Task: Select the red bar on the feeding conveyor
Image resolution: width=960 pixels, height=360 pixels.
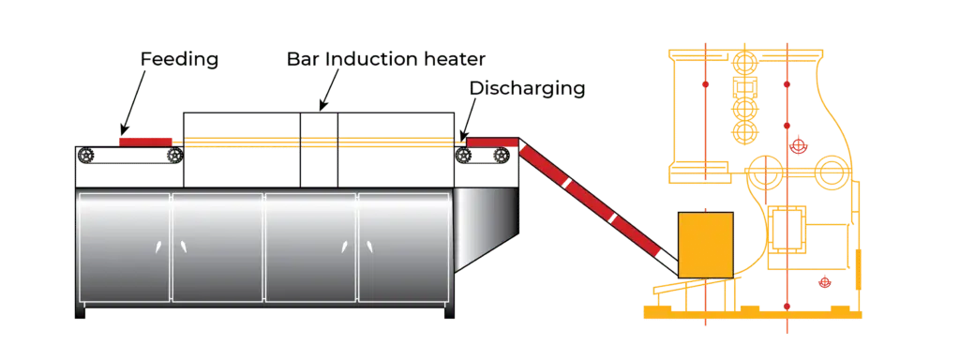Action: point(146,142)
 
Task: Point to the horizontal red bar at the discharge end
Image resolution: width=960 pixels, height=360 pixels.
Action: point(492,142)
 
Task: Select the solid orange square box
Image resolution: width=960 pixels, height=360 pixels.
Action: point(704,244)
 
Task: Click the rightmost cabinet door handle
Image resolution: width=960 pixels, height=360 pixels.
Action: point(369,247)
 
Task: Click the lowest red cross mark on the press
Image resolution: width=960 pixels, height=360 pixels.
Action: point(824,282)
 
